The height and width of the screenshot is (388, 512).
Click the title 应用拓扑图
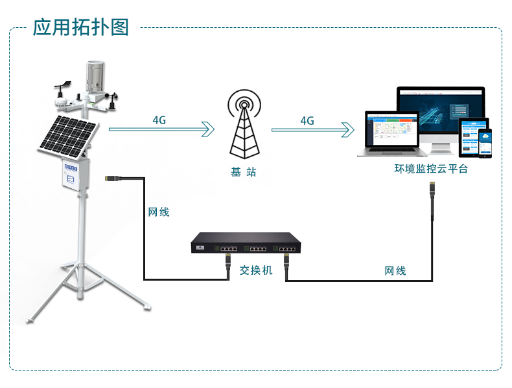[x=81, y=27]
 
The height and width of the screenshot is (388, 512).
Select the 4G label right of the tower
[x=307, y=120]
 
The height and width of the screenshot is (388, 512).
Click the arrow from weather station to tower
[x=161, y=130]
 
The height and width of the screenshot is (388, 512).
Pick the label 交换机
[x=256, y=270]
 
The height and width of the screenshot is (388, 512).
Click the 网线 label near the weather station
[x=158, y=211]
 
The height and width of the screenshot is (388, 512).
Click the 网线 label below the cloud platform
[x=395, y=270]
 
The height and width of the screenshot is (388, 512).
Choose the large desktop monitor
[x=441, y=116]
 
